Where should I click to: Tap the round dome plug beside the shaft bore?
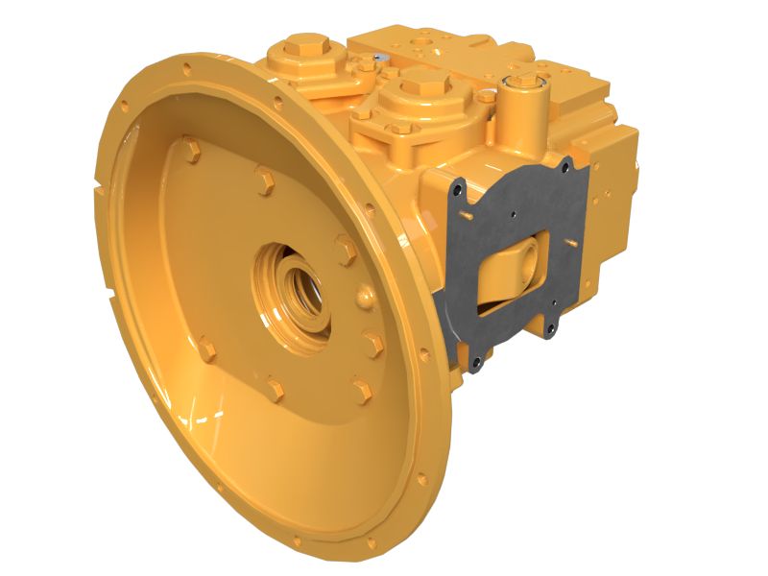(362, 295)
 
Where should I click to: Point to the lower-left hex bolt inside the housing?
(205, 348)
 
